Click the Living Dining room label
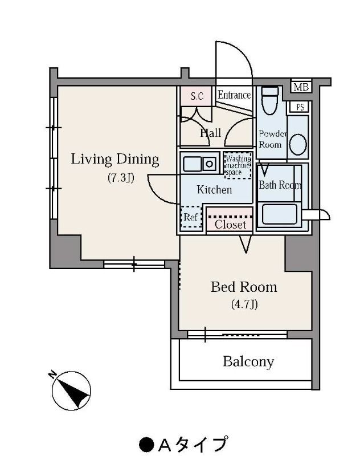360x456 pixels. (x=114, y=159)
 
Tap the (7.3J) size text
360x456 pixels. (x=121, y=178)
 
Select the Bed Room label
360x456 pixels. (x=244, y=287)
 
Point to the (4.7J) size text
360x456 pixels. (x=244, y=304)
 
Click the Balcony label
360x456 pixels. (x=248, y=361)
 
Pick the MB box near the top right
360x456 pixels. (x=301, y=87)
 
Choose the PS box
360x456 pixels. (x=299, y=107)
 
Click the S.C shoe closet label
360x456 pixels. (x=197, y=96)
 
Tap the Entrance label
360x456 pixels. (x=234, y=95)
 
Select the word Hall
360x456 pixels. (x=210, y=133)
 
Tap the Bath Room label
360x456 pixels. (x=280, y=185)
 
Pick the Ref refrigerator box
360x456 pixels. (x=191, y=217)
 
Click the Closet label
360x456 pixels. (x=230, y=225)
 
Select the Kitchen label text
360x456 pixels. (x=214, y=190)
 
